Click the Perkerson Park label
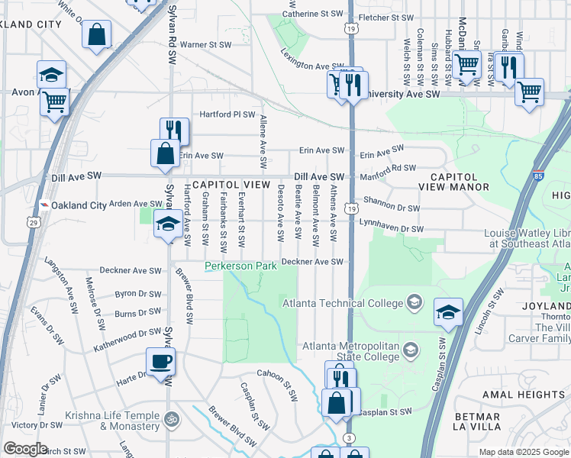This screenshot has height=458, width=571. (x=239, y=266)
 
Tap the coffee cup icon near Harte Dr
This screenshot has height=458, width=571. (x=160, y=361)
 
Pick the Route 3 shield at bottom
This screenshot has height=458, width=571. (x=350, y=437)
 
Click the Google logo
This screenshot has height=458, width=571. (x=25, y=449)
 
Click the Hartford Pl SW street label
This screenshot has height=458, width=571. (x=227, y=114)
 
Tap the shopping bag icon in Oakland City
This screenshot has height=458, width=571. (x=97, y=35)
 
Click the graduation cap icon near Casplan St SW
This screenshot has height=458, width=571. (x=448, y=311)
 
